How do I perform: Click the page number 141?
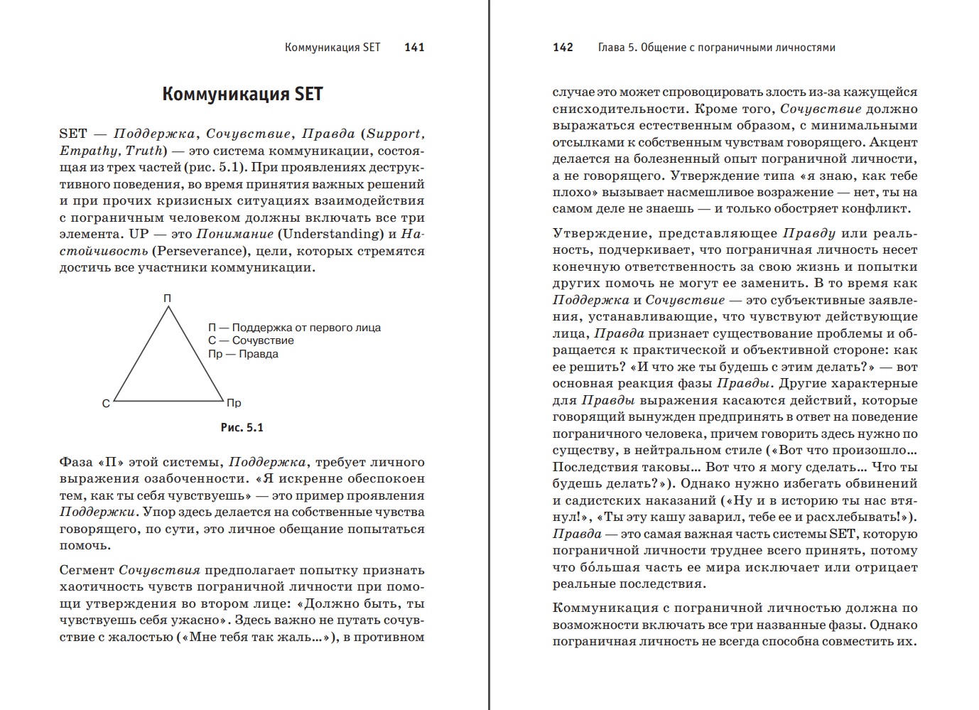[414, 48]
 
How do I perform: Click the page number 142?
[563, 48]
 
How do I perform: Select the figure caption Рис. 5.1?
[242, 427]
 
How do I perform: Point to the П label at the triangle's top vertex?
[168, 298]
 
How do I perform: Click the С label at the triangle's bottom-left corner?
[106, 404]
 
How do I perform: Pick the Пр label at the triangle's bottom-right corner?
[234, 403]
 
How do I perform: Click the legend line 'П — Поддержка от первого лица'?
[294, 328]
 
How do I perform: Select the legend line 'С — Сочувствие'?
[251, 340]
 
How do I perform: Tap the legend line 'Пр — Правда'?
[243, 354]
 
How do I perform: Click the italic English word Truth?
[144, 151]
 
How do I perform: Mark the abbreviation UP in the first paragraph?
[139, 234]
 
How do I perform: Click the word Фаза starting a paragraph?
[77, 463]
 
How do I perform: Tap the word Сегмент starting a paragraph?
[86, 570]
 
